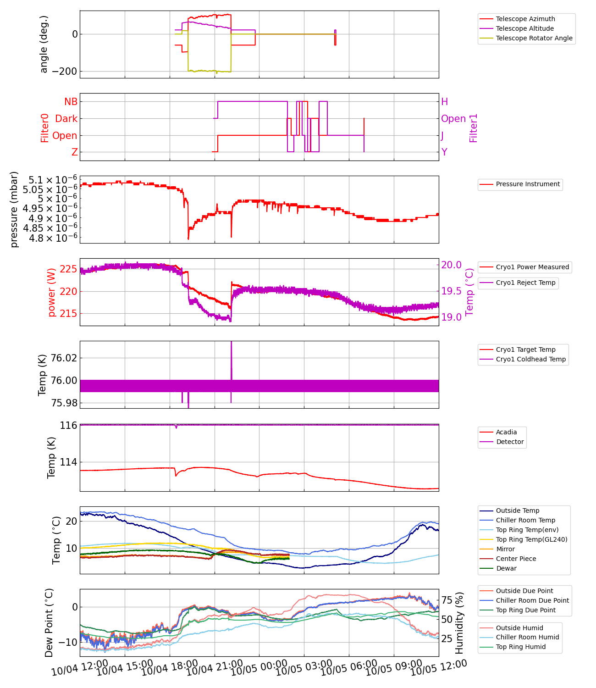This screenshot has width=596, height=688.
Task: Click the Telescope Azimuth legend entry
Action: (525, 19)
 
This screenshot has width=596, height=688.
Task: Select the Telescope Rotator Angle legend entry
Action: (534, 38)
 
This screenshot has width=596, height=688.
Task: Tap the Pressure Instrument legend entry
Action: (528, 184)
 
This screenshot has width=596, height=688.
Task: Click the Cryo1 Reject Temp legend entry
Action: (525, 283)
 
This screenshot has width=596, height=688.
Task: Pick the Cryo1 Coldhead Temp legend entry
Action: (530, 359)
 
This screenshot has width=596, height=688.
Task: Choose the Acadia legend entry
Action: (506, 432)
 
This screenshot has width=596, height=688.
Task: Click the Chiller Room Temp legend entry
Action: (525, 520)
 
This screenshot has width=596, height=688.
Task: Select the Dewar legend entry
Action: (506, 568)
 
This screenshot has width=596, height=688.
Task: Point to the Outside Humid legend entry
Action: (519, 628)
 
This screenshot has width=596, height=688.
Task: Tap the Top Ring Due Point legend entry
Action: (525, 610)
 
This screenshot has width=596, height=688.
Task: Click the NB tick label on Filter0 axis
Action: (71, 102)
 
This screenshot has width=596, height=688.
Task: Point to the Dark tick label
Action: (66, 119)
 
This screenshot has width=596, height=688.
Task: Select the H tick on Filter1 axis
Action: (444, 102)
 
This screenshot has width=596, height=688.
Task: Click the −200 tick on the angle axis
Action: (64, 72)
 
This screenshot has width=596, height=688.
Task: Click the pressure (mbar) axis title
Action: (14, 209)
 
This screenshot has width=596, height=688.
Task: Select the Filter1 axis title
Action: (474, 128)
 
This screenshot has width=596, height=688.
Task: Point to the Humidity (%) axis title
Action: (459, 622)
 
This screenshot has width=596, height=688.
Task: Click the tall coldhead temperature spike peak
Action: (231, 342)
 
